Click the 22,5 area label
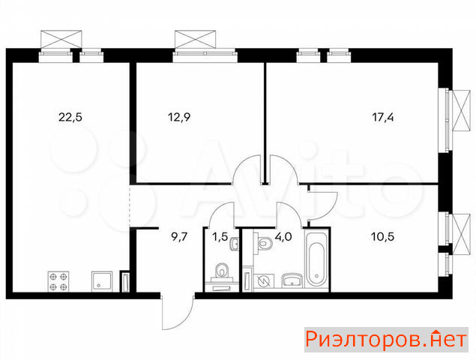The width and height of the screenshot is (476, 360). (70, 117)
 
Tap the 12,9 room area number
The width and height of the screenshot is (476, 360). (179, 117)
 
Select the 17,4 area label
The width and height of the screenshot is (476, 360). (383, 117)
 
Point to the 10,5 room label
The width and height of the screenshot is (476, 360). (383, 236)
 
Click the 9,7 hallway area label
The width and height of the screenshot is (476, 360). (180, 236)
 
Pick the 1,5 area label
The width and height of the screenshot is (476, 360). (220, 236)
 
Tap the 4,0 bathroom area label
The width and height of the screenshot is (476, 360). (283, 236)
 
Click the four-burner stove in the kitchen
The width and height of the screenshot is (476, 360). (58, 281)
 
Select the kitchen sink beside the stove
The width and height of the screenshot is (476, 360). (102, 281)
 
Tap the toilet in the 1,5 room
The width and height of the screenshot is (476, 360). (222, 271)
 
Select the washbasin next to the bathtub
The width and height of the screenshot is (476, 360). (292, 280)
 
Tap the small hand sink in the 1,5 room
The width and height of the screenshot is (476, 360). (235, 244)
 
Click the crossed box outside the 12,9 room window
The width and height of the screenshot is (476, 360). (195, 39)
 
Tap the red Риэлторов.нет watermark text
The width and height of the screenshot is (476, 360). (386, 339)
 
